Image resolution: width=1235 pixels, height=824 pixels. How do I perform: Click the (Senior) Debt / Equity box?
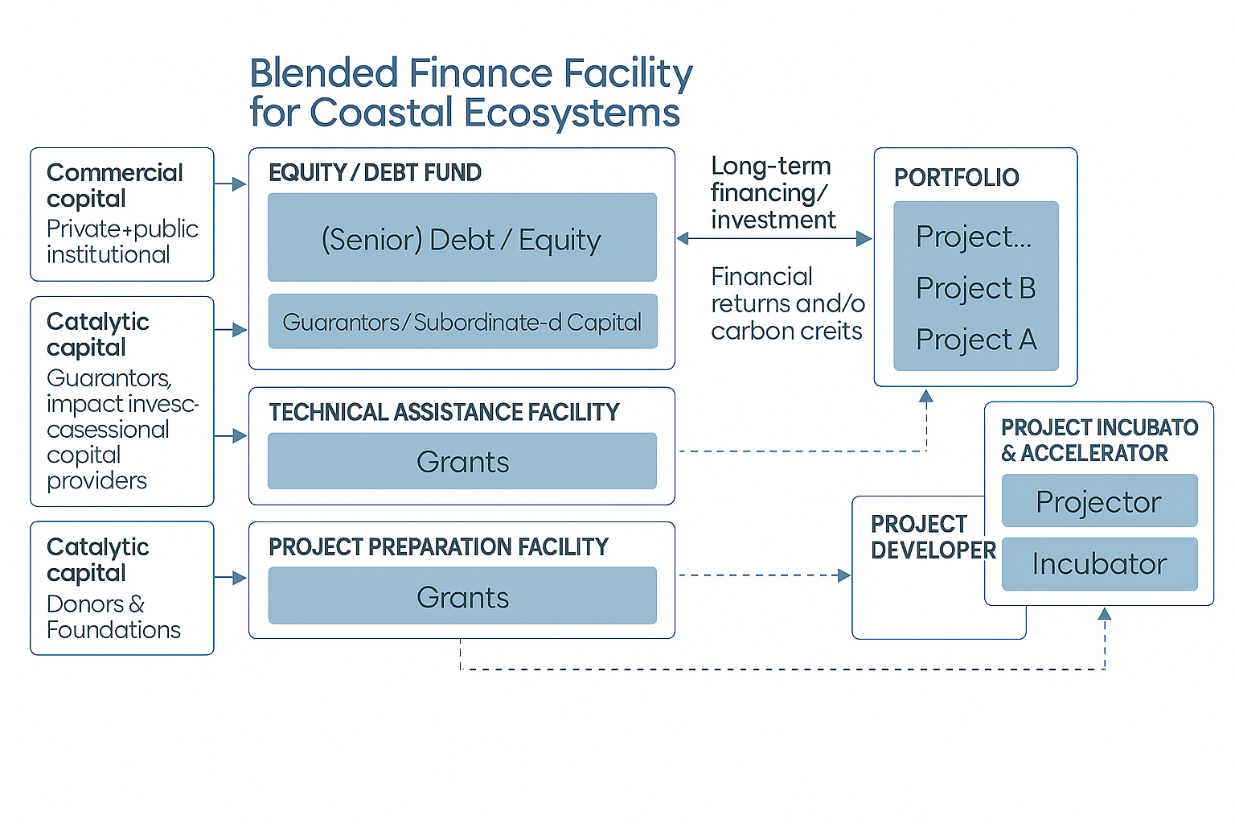coord(462,237)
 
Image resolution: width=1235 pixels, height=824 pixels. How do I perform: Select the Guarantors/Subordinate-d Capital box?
coord(462,322)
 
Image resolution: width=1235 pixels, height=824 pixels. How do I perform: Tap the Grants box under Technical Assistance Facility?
coord(462,461)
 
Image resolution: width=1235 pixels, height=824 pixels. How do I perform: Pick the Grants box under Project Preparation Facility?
coord(462,596)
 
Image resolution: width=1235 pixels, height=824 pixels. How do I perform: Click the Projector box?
coord(1099,501)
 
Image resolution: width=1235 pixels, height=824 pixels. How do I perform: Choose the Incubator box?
coord(1099,563)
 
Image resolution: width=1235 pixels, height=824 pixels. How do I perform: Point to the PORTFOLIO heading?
coord(956,177)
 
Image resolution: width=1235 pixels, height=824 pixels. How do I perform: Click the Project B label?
coord(975,288)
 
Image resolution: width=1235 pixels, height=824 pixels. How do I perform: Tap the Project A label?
coord(975,340)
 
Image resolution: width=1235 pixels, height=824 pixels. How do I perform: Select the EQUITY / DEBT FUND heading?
coord(375,172)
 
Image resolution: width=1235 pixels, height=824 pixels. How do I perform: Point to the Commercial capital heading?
coord(114,185)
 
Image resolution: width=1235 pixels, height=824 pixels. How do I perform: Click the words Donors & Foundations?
coord(113,616)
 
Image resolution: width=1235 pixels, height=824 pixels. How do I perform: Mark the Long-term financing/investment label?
coord(772,192)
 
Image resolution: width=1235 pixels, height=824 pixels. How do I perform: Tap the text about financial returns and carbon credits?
coord(787,303)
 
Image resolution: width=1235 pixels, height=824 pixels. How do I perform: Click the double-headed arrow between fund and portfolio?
coord(773,238)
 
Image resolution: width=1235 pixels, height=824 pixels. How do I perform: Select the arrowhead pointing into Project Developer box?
coord(844,575)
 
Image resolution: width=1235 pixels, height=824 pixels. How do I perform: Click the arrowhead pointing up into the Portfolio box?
coord(926,395)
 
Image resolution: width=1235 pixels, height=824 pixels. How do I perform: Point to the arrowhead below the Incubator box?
coord(1105,614)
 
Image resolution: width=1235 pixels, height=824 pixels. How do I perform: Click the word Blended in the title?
coord(324,72)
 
